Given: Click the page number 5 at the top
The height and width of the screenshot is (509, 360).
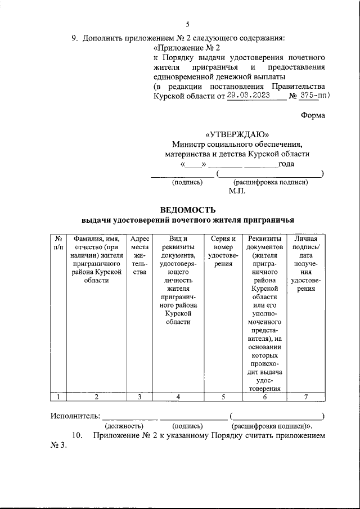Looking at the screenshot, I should pos(188,24).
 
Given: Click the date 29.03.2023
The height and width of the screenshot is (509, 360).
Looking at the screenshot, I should pos(249,96).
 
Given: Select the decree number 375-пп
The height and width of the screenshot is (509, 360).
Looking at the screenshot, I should pos(312,96).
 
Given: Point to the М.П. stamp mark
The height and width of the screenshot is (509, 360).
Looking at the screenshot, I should pos(236,191).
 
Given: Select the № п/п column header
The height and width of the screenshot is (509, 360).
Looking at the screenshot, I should pos(58,243).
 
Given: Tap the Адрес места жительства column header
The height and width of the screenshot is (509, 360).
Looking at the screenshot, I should pos(139,255).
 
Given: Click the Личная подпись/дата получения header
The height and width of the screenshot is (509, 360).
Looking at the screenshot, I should pos(306,264).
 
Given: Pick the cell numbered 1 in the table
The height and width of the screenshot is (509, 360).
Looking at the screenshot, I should pos(58,397).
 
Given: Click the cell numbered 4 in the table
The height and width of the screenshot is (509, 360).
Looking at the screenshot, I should pos(178,397).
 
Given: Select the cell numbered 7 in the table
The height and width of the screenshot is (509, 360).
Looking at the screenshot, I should pos(306,397).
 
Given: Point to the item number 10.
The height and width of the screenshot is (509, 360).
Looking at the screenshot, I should pos(78,436).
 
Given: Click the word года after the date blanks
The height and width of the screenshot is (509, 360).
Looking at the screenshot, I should pos(286,164).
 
